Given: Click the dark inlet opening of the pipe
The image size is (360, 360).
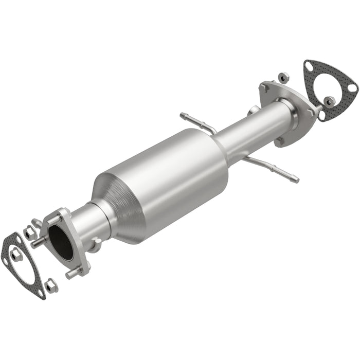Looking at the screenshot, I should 61,242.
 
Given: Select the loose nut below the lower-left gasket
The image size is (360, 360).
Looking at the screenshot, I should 51,285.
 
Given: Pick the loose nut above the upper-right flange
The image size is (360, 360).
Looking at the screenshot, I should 282,77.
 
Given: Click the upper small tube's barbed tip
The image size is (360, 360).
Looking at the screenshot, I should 184,115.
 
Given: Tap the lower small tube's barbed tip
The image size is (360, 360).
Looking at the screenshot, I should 294,179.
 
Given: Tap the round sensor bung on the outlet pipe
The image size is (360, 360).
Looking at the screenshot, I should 254,111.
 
